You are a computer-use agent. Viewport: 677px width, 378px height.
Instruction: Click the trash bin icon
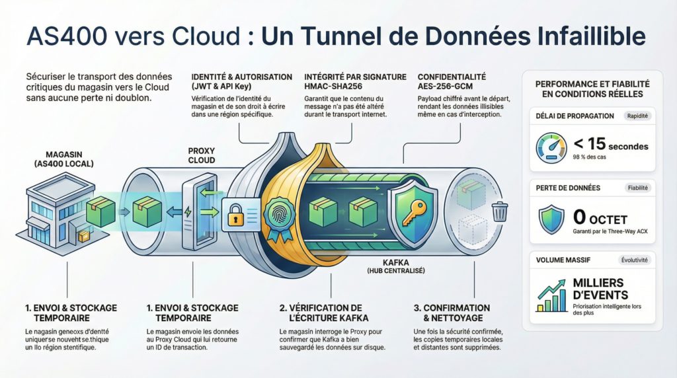click(500, 211)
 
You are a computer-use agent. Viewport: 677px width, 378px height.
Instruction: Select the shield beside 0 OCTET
click(551, 219)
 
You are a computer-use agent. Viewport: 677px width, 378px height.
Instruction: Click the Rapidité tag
click(637, 116)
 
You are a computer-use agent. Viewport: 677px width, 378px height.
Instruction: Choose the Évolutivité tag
click(635, 260)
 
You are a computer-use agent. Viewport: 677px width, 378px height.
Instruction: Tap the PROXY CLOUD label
click(202, 155)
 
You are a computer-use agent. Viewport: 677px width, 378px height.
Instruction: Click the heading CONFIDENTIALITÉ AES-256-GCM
click(452, 81)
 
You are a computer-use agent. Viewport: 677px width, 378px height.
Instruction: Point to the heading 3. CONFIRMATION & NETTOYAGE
click(452, 313)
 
